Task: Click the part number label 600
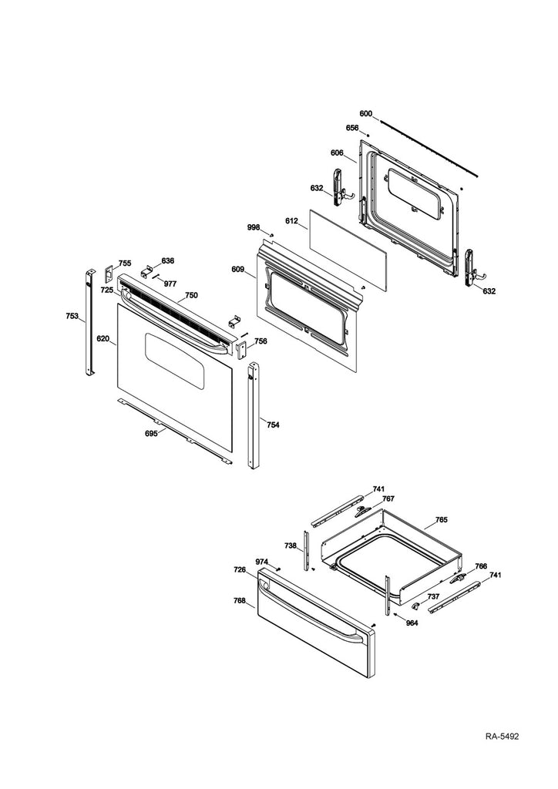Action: pyautogui.click(x=365, y=114)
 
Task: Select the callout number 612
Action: pyautogui.click(x=291, y=222)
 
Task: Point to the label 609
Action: pyautogui.click(x=237, y=270)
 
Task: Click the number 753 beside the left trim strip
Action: pyautogui.click(x=72, y=316)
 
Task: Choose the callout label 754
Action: pyautogui.click(x=272, y=424)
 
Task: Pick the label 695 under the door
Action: pyautogui.click(x=151, y=434)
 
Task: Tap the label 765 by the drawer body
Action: pyautogui.click(x=441, y=521)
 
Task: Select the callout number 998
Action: pyautogui.click(x=253, y=227)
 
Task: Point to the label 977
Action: pyautogui.click(x=169, y=284)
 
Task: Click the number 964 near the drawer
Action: pyautogui.click(x=412, y=623)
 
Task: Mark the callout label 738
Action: pyautogui.click(x=290, y=546)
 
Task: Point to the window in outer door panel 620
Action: pyautogui.click(x=175, y=362)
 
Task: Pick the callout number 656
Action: pyautogui.click(x=351, y=129)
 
